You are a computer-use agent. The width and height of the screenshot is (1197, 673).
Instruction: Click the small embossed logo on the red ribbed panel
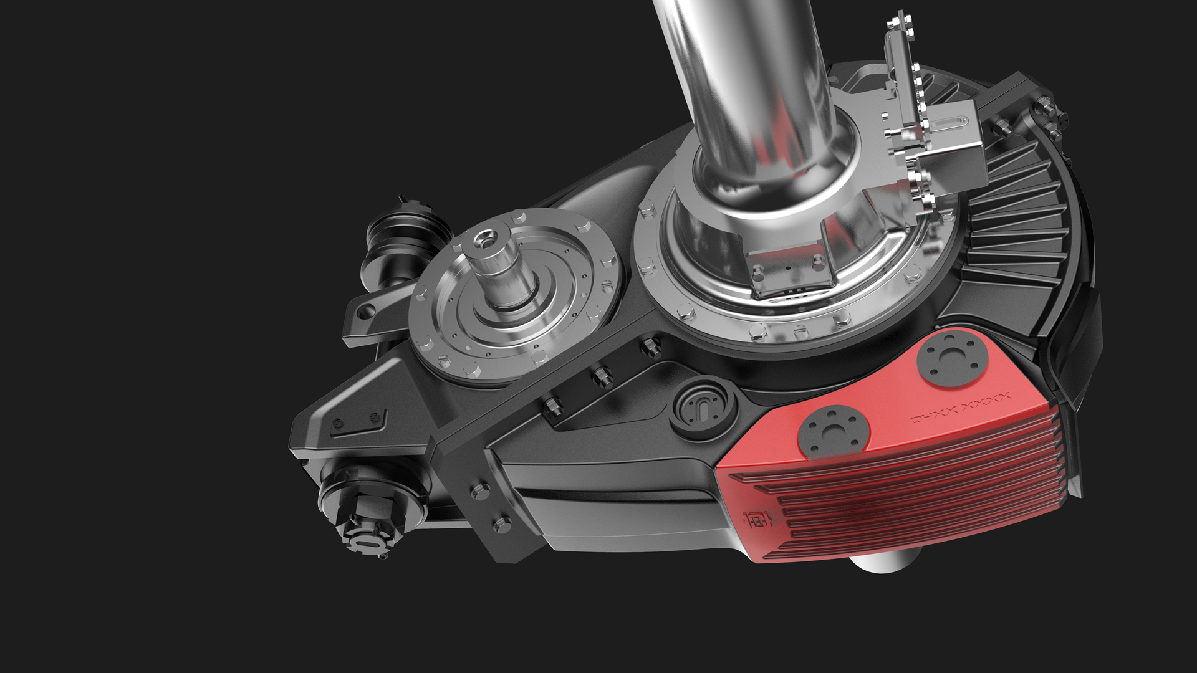tap(758, 518)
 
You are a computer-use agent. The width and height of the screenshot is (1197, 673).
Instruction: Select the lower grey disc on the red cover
tap(834, 430)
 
